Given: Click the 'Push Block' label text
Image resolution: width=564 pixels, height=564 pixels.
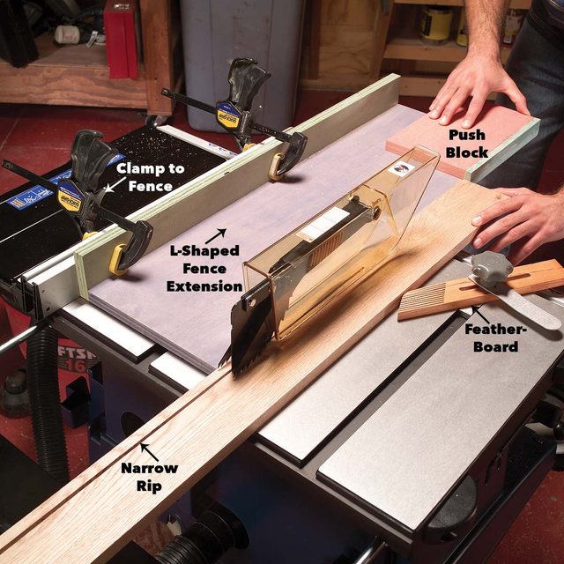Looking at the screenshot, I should [466, 144].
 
